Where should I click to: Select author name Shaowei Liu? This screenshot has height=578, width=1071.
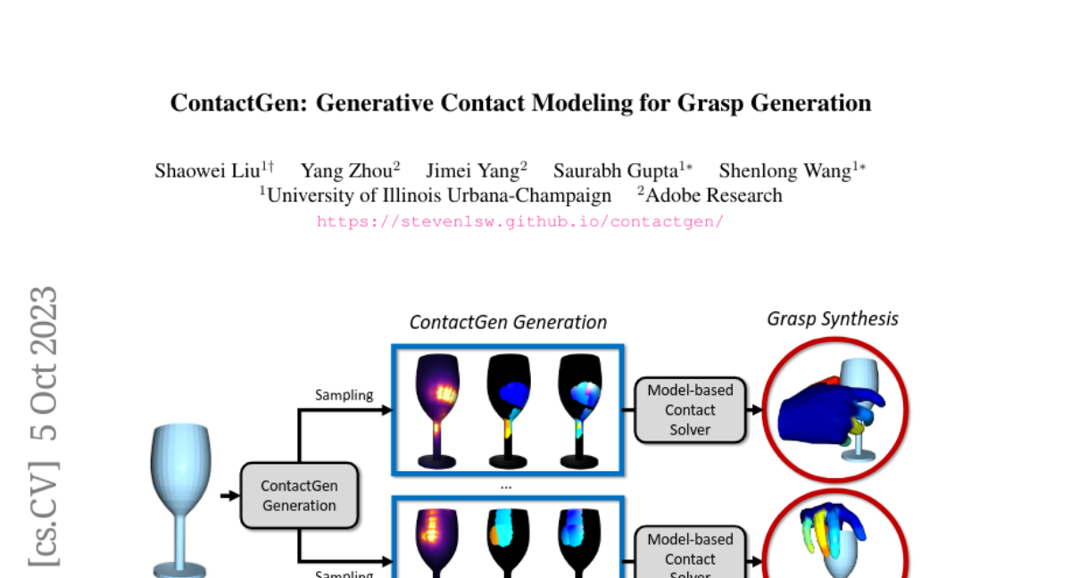click(208, 171)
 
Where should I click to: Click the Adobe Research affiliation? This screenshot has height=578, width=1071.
click(713, 195)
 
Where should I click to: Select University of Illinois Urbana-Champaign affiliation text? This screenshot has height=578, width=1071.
click(439, 195)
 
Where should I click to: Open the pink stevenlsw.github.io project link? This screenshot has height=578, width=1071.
click(520, 221)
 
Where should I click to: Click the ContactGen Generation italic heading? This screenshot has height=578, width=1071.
click(508, 322)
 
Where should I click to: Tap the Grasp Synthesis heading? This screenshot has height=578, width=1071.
click(833, 318)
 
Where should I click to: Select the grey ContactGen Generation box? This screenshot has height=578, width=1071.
click(299, 495)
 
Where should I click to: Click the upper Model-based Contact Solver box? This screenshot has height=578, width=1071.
click(690, 409)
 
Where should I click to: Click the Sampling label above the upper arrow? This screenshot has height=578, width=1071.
click(344, 394)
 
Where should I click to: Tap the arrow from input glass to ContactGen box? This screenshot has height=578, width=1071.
click(228, 495)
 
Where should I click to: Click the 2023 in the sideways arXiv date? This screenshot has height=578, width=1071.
click(43, 326)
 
